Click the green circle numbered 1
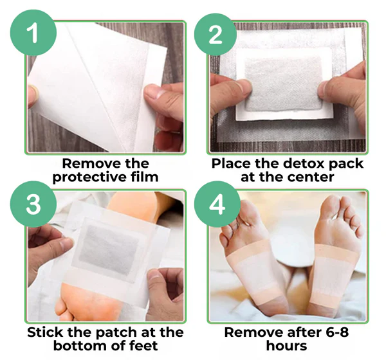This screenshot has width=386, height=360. (x=33, y=33)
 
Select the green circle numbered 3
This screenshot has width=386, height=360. (x=33, y=204)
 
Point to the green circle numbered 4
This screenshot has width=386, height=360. (x=217, y=204)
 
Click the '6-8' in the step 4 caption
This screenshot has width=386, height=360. (x=335, y=332)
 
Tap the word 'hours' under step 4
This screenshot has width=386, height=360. (x=286, y=345)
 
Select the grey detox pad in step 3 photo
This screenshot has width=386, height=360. (x=108, y=250)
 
